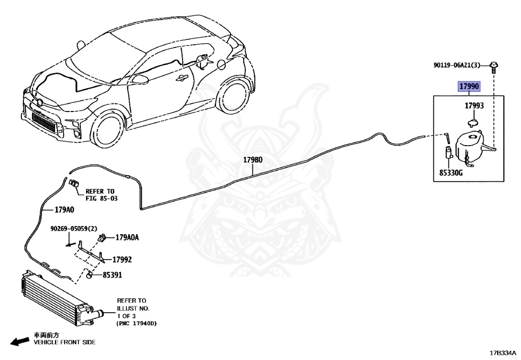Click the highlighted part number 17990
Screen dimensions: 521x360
point(469,87)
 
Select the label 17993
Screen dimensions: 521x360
point(474,106)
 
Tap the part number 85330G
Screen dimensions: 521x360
point(451,173)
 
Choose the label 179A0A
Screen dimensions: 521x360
point(127,237)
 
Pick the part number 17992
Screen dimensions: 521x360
point(122,259)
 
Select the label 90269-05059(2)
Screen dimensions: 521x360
point(72,229)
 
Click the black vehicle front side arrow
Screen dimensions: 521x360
point(20,341)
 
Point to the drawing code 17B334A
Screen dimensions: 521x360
point(502,352)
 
